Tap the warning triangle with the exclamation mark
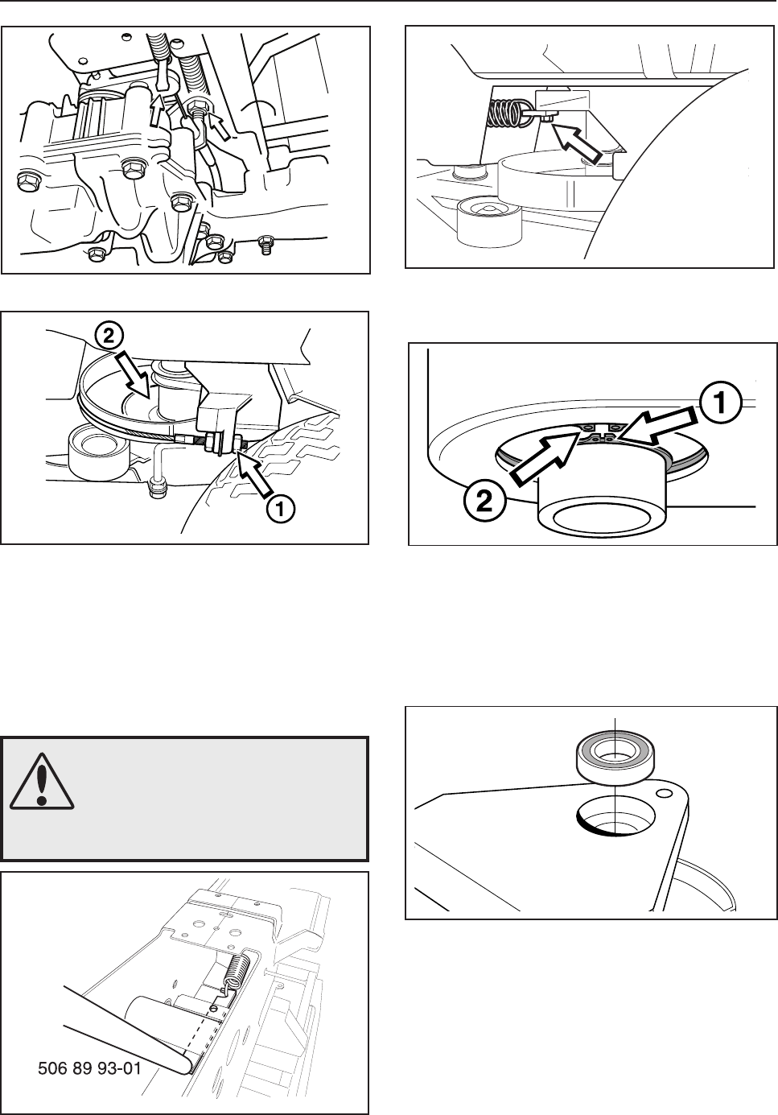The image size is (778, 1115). [x=42, y=782]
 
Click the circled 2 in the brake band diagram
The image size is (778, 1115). [x=109, y=337]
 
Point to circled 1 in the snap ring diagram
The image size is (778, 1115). [x=720, y=403]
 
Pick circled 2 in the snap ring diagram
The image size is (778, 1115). [x=485, y=500]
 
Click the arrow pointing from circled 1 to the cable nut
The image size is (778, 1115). [x=254, y=473]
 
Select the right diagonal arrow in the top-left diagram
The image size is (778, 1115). [x=220, y=125]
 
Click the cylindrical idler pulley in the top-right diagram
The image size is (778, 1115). [x=488, y=221]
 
